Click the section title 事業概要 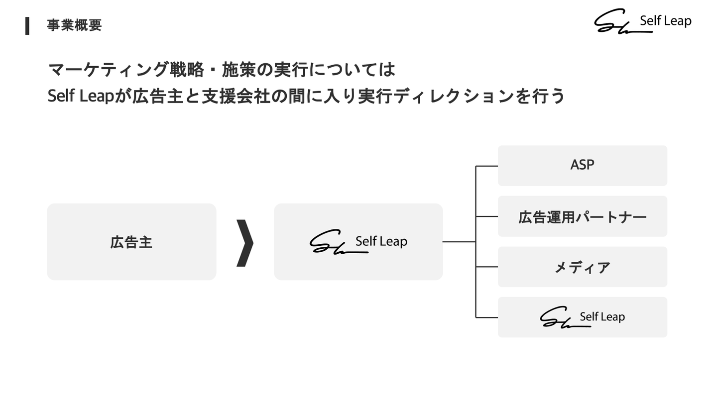pyautogui.click(x=74, y=25)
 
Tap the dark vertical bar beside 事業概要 pyautogui.click(x=27, y=26)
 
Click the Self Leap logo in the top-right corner pyautogui.click(x=643, y=21)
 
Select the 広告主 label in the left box pyautogui.click(x=131, y=242)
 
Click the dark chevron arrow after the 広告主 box pyautogui.click(x=245, y=243)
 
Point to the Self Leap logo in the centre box pyautogui.click(x=358, y=242)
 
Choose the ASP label pyautogui.click(x=582, y=165)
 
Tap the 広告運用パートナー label pyautogui.click(x=583, y=217)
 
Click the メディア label pyautogui.click(x=583, y=267)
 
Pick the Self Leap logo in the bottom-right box pyautogui.click(x=583, y=317)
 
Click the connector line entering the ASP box pyautogui.click(x=487, y=166)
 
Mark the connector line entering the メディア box pyautogui.click(x=487, y=267)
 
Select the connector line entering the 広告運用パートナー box pyautogui.click(x=487, y=216)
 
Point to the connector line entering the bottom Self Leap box pyautogui.click(x=487, y=317)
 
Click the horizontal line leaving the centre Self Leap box pyautogui.click(x=459, y=242)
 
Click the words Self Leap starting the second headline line pyautogui.click(x=81, y=96)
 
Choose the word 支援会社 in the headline pyautogui.click(x=236, y=97)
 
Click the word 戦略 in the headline pyautogui.click(x=187, y=70)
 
